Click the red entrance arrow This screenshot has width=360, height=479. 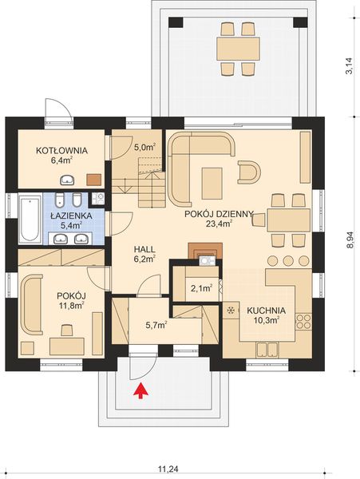(x=141, y=390)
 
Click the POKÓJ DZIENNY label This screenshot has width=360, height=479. (x=218, y=214)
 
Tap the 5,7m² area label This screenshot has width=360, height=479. (x=155, y=325)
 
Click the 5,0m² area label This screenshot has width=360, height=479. (x=144, y=147)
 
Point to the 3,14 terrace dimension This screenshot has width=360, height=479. (x=349, y=65)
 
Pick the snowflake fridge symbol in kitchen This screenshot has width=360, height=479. (x=232, y=310)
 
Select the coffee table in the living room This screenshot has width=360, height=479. (x=212, y=182)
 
